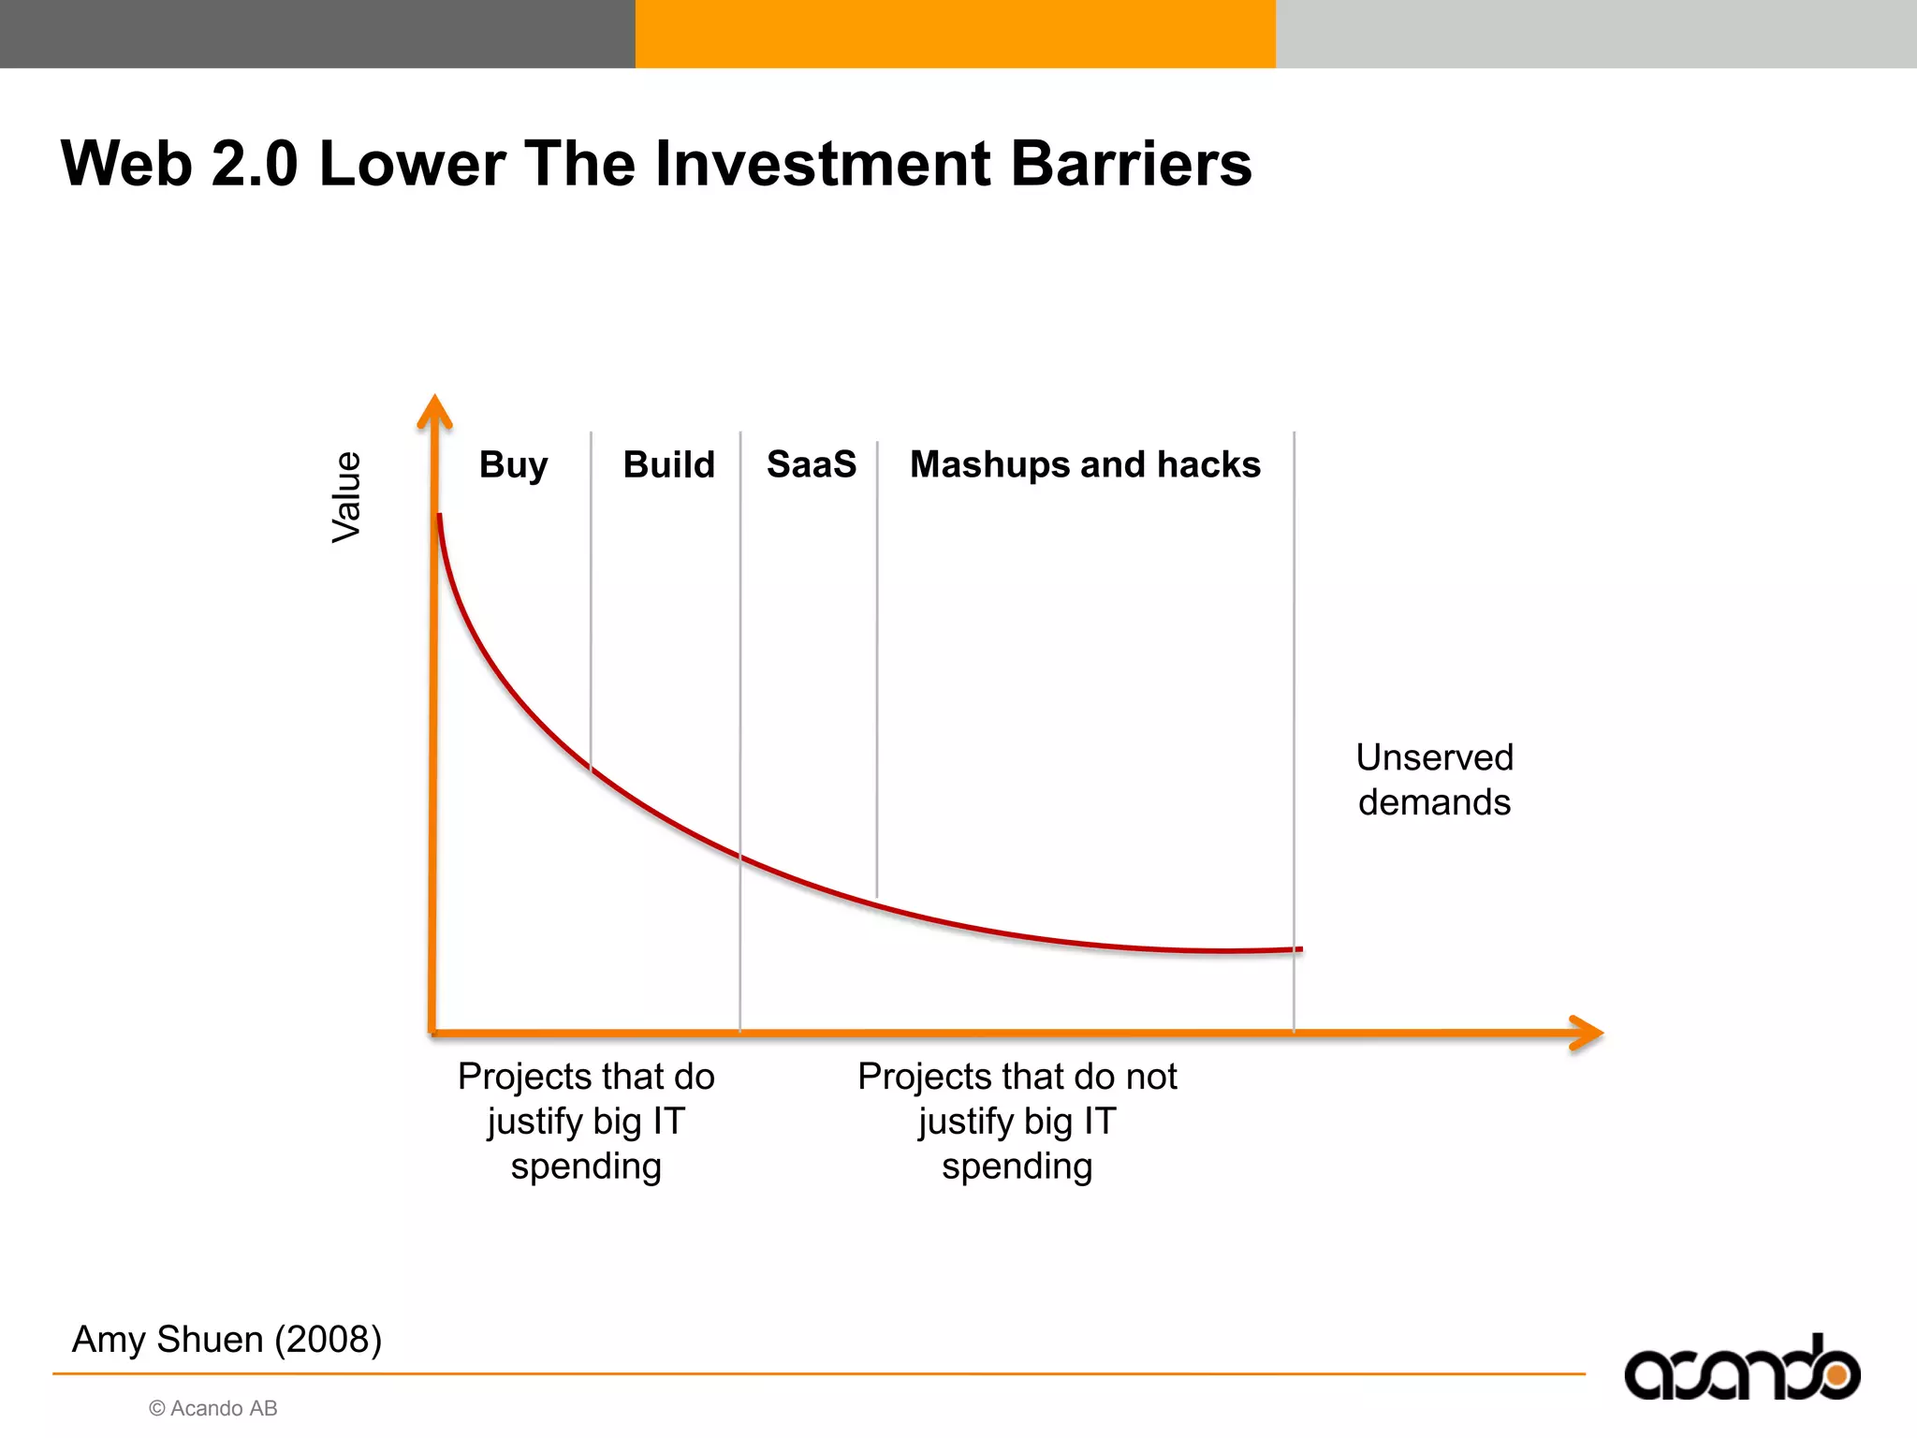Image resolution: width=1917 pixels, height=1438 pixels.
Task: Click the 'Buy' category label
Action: tap(513, 465)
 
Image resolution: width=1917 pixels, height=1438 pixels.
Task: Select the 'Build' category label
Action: tap(668, 464)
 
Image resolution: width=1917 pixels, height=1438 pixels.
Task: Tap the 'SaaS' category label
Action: tap(811, 464)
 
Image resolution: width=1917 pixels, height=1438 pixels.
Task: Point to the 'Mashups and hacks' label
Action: tap(1085, 464)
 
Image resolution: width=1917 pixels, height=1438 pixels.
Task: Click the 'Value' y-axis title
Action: tap(346, 496)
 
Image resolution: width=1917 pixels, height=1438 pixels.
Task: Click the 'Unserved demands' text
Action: tap(1434, 779)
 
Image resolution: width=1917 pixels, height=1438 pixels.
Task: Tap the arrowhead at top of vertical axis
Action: tap(434, 412)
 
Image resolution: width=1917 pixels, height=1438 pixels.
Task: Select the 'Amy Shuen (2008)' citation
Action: tap(227, 1339)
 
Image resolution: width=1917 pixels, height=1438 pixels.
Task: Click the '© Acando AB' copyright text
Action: tap(213, 1408)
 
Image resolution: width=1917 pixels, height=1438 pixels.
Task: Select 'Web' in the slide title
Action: tap(125, 164)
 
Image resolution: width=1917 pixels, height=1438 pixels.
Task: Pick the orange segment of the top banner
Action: tap(955, 34)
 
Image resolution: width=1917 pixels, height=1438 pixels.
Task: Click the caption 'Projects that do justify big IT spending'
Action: tap(586, 1121)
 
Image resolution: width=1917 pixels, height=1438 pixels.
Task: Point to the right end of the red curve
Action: tap(1299, 949)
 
